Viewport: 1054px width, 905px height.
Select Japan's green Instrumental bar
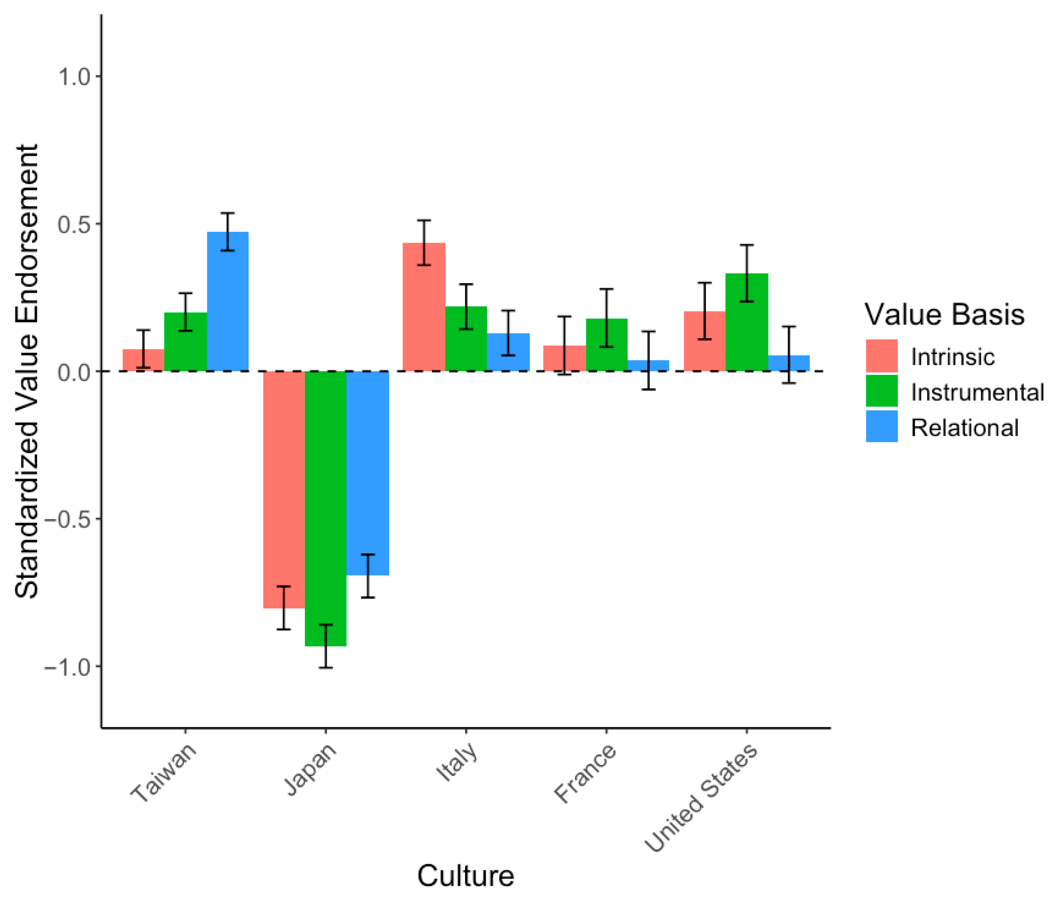(x=325, y=509)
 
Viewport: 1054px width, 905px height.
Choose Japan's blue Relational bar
(x=368, y=473)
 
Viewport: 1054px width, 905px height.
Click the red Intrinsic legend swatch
(x=882, y=356)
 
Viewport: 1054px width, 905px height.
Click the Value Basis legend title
(x=944, y=315)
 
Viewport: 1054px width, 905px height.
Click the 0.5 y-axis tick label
(x=73, y=224)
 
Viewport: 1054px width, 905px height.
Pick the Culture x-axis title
(x=465, y=876)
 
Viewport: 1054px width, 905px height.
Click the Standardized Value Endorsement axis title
(x=26, y=371)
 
